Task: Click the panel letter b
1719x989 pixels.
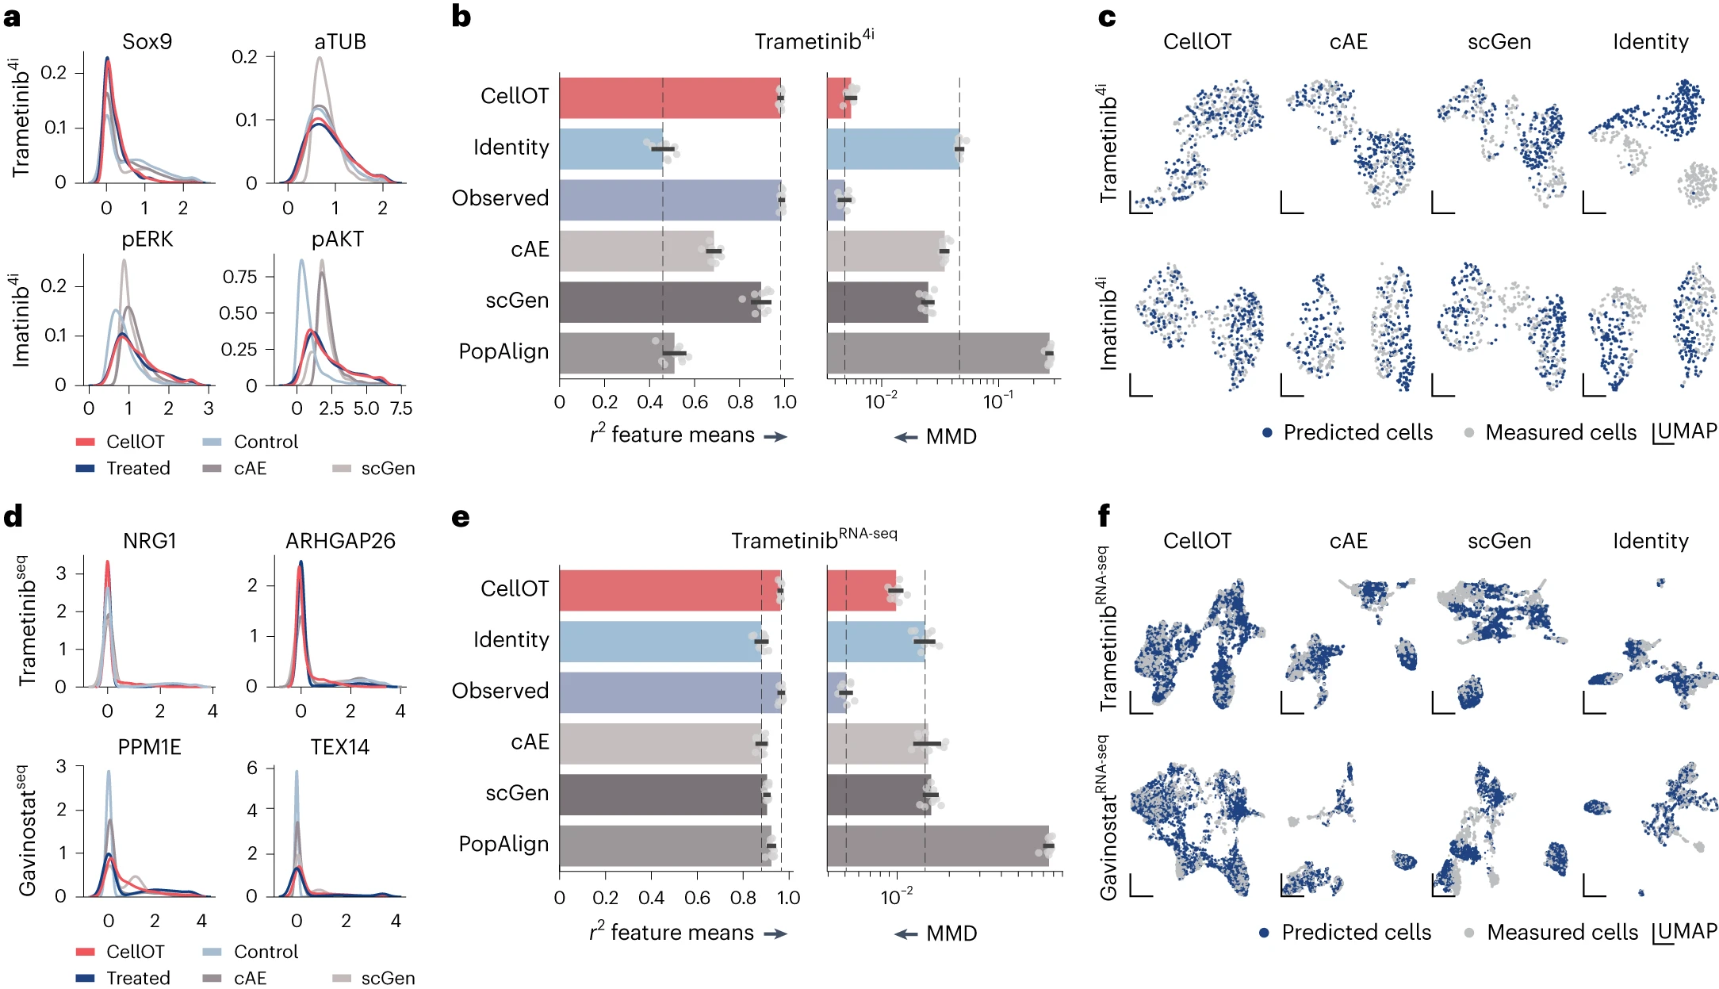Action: tap(461, 17)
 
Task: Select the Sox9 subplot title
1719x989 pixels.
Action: tap(147, 42)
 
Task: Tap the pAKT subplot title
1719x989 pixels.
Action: tap(337, 240)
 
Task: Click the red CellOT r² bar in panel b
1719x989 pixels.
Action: tap(670, 98)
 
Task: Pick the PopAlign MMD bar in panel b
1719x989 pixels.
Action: tap(938, 353)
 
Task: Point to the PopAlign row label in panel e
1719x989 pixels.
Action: tap(503, 844)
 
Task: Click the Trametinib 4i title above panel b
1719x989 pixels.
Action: tap(814, 40)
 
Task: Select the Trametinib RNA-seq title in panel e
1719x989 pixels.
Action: tap(814, 539)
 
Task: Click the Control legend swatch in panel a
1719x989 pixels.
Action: tap(212, 442)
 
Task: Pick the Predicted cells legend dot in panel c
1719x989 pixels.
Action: tap(1267, 433)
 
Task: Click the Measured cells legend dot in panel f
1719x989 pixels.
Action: tap(1469, 933)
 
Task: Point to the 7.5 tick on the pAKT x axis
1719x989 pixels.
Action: tap(401, 408)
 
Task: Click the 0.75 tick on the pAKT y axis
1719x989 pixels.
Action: tap(239, 277)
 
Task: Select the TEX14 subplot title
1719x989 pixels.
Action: tap(339, 747)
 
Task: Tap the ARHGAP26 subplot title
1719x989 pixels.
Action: tap(340, 541)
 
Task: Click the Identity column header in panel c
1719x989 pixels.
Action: tap(1650, 42)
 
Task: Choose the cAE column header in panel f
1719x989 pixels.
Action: tap(1348, 541)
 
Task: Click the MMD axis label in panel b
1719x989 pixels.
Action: tap(951, 436)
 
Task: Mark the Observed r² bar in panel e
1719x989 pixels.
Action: tap(670, 692)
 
